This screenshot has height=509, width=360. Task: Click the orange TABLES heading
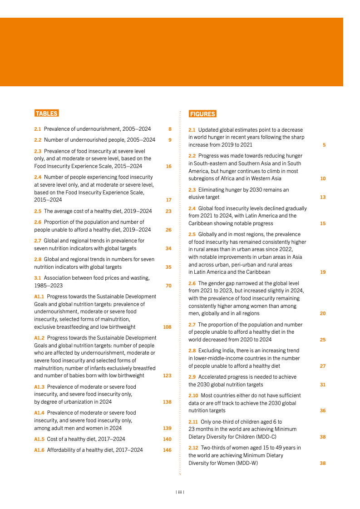(x=46, y=114)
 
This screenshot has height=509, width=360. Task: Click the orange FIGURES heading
(x=202, y=114)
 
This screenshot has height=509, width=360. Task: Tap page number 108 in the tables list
(x=167, y=327)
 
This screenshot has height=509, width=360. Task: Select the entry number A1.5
(x=39, y=439)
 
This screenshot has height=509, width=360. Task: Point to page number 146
(x=167, y=450)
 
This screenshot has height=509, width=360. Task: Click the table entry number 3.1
(x=38, y=277)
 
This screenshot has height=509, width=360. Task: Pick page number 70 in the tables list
(x=168, y=286)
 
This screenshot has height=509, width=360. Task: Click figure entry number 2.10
(x=193, y=395)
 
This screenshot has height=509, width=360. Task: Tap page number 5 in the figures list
(x=324, y=145)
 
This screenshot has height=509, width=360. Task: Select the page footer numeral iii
(x=180, y=491)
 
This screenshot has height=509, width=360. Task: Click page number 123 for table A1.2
(x=167, y=376)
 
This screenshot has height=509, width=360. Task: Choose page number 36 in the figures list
(x=323, y=410)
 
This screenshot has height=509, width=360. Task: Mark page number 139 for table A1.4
(x=167, y=428)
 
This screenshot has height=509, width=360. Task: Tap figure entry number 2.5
(x=192, y=234)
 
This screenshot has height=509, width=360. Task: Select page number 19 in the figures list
(x=323, y=272)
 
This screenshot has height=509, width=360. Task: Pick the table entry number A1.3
(x=39, y=387)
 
